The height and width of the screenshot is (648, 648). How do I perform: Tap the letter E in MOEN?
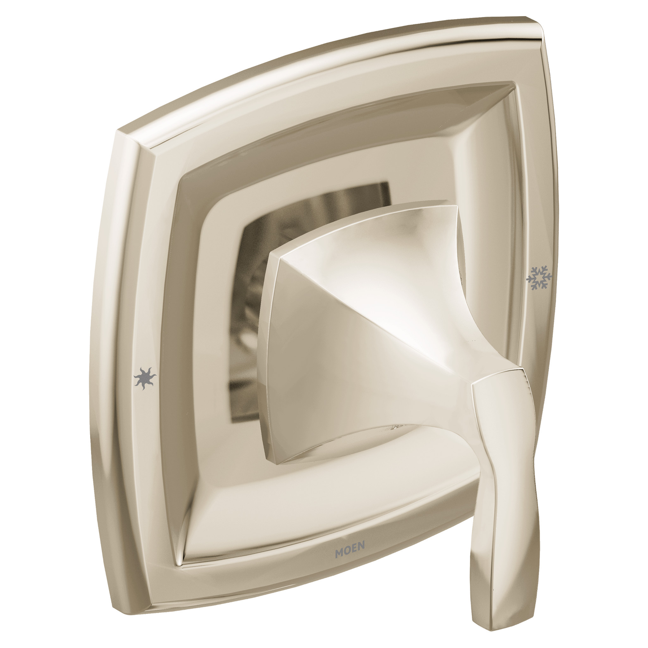[354, 544]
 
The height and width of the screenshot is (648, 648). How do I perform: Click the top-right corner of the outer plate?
[542, 22]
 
